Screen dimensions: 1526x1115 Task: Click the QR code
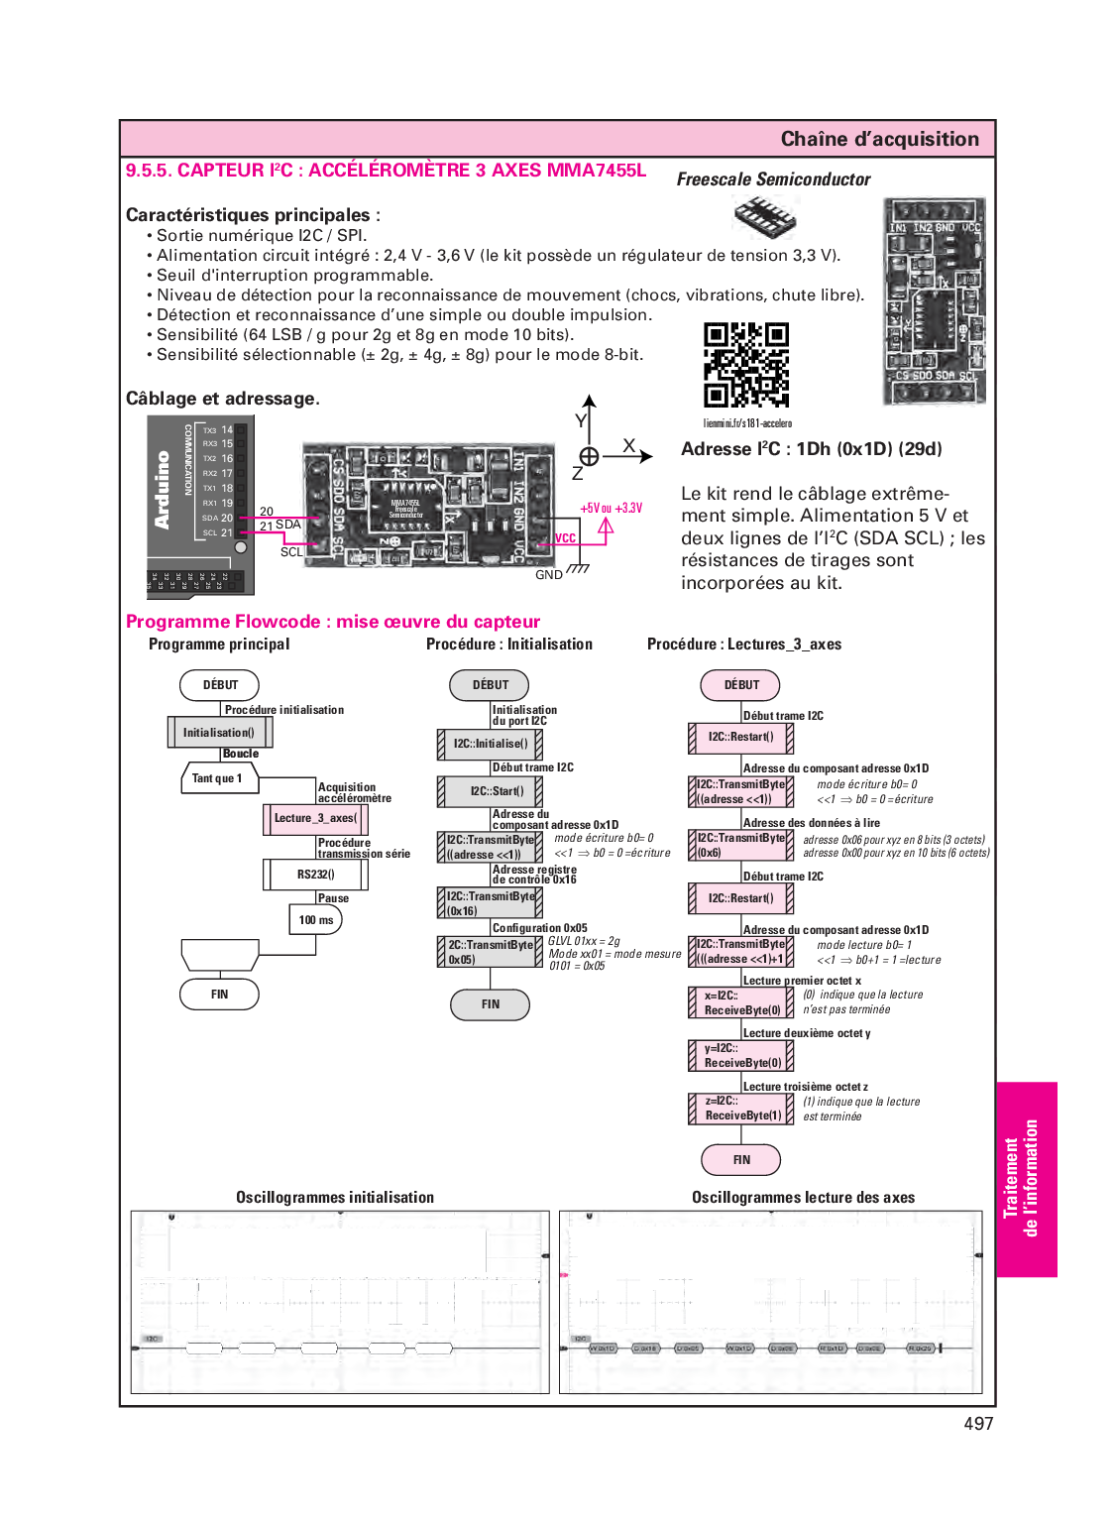tap(746, 364)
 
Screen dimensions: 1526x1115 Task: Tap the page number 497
tap(977, 1423)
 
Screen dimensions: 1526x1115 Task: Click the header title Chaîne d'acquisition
tap(879, 139)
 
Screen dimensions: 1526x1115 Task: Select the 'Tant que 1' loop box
tap(219, 778)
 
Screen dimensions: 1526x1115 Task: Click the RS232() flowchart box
tap(316, 875)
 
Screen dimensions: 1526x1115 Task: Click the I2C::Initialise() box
tap(491, 744)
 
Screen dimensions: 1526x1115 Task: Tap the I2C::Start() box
tap(491, 791)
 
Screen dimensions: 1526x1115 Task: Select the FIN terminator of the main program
tap(219, 995)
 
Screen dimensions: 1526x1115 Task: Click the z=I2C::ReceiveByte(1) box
tap(741, 1109)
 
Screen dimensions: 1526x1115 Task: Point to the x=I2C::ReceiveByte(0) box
tap(741, 1002)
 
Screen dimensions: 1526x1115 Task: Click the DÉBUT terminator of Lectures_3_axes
tap(740, 685)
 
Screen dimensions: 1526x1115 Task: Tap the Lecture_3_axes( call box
tap(316, 819)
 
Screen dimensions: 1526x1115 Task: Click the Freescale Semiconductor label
tap(773, 179)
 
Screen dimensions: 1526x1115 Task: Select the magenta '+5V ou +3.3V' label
tap(611, 508)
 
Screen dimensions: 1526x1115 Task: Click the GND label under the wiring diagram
tap(548, 575)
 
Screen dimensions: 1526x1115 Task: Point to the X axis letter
tap(628, 446)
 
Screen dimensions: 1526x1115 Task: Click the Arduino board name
tap(163, 490)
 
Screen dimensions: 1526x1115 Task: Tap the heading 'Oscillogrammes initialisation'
tap(335, 1198)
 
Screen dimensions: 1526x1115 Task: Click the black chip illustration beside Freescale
tap(764, 216)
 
